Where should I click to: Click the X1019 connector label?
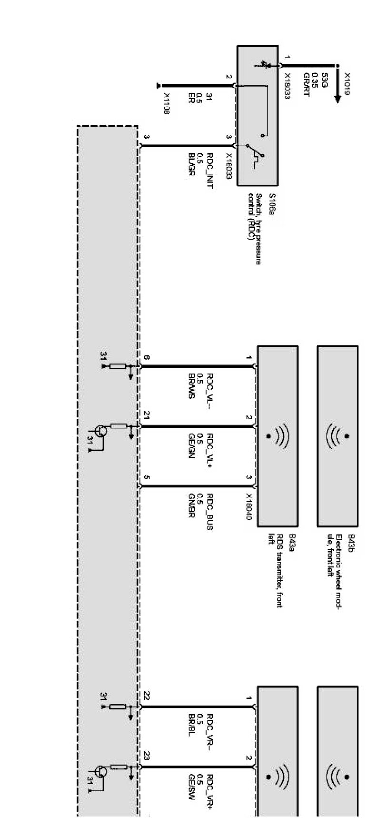[x=347, y=84]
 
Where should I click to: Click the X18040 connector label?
[x=248, y=506]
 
